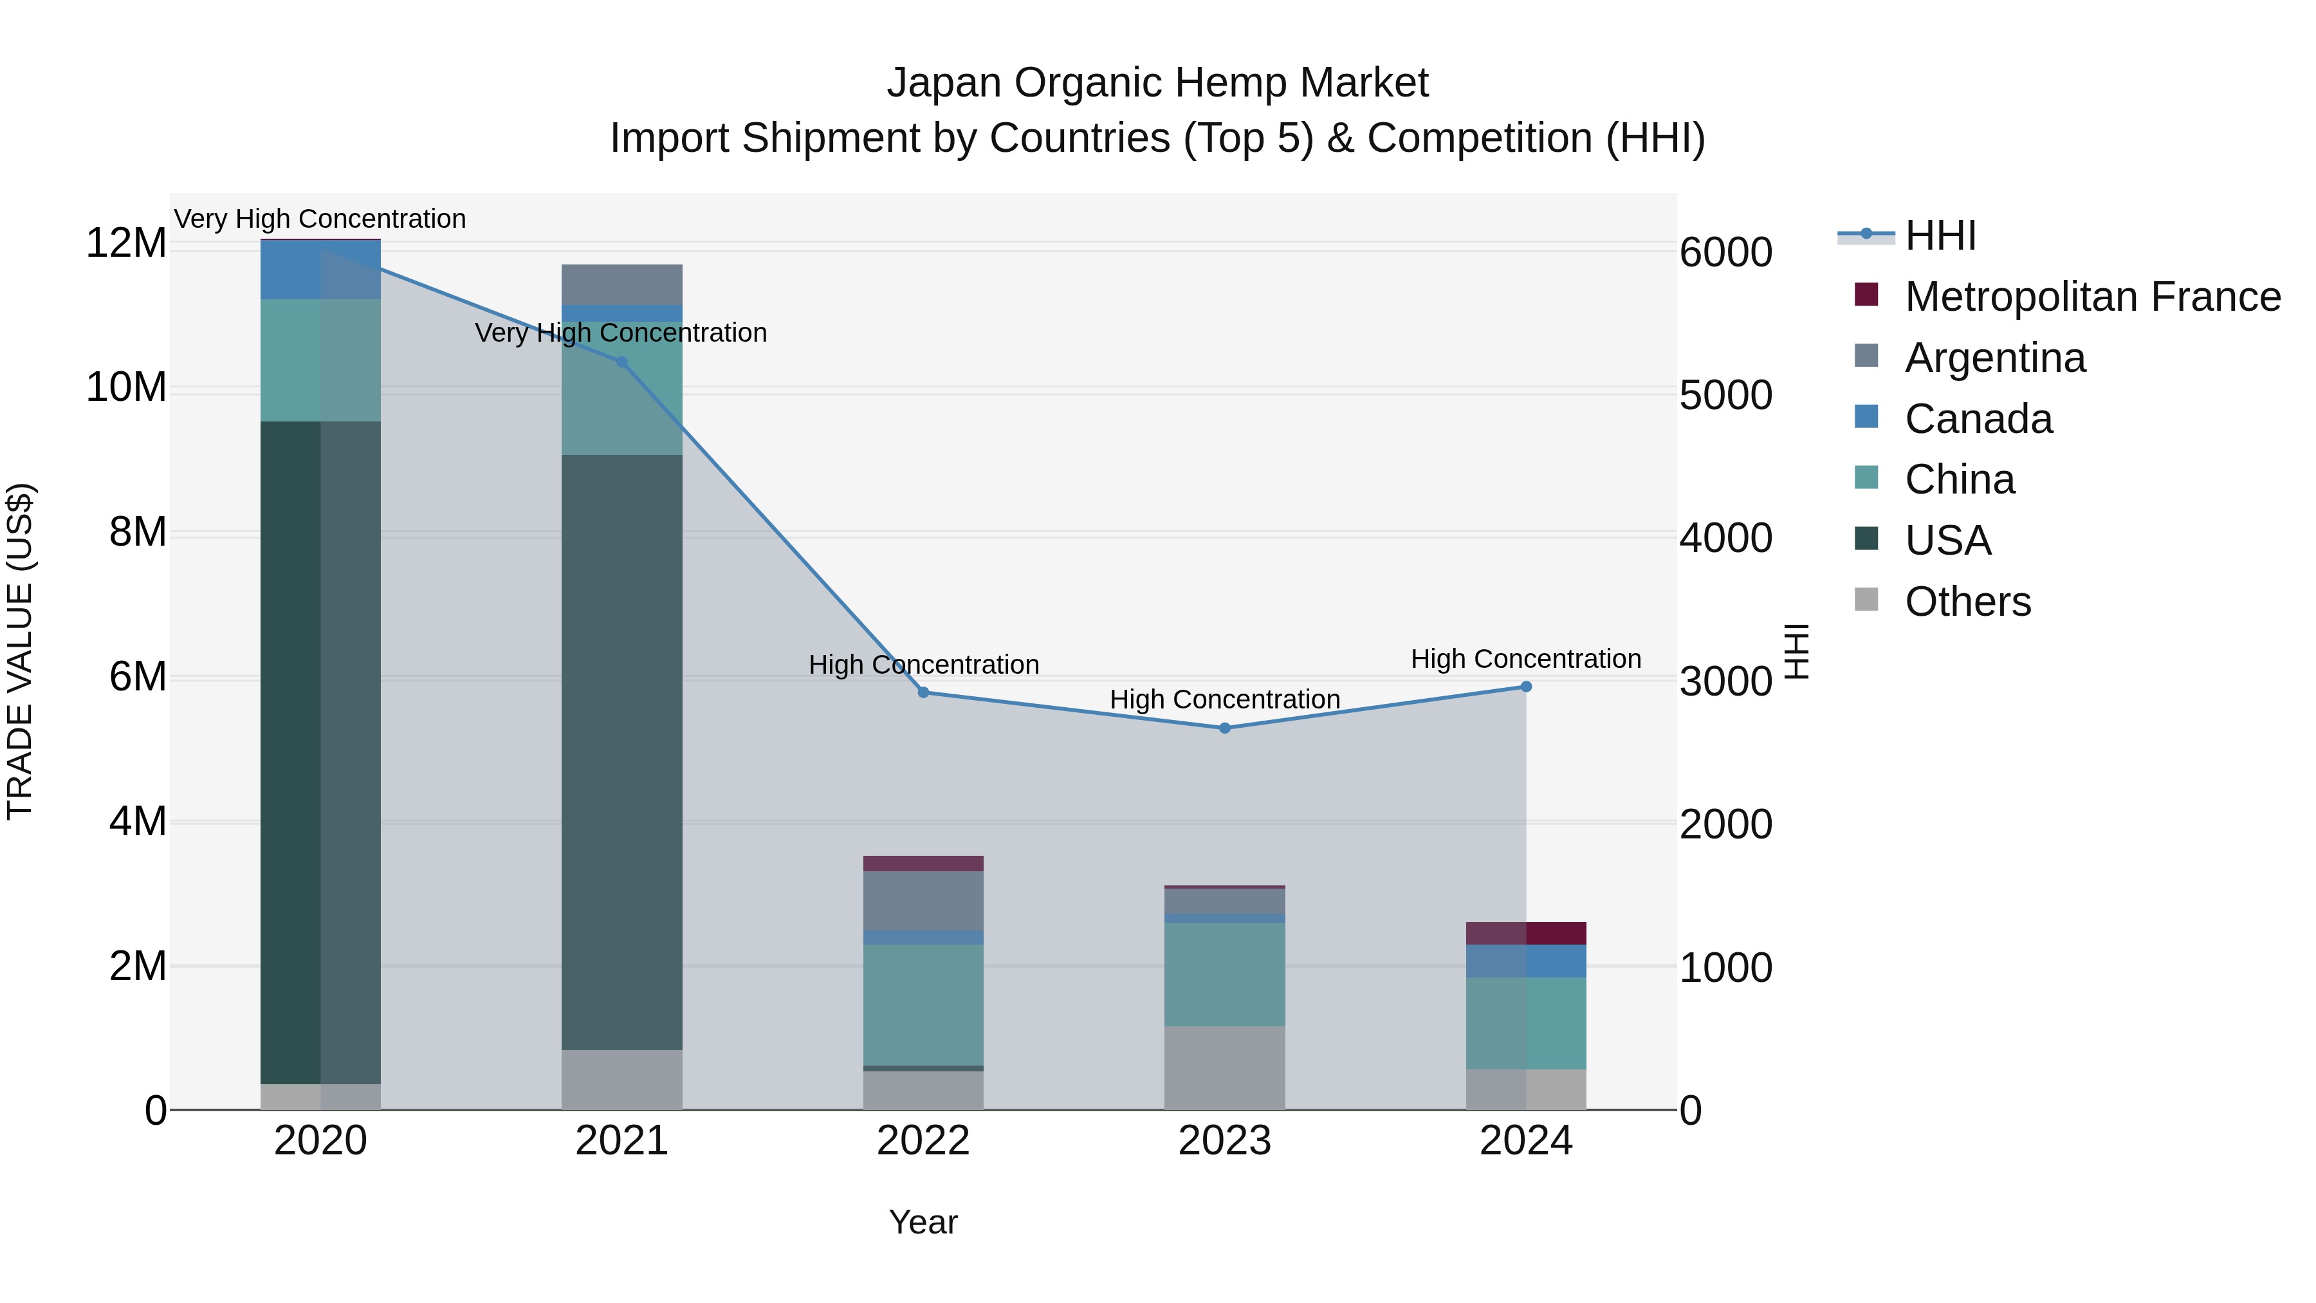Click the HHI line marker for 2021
click(x=621, y=362)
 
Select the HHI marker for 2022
click(x=923, y=692)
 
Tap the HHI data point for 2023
click(x=1224, y=728)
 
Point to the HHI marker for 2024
click(x=1526, y=687)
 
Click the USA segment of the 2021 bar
click(x=621, y=751)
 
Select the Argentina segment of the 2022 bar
click(x=923, y=900)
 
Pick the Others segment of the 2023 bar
click(x=1224, y=1067)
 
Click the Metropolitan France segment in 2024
click(x=1526, y=934)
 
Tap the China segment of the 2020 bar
click(x=320, y=360)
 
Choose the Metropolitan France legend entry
click(x=2092, y=297)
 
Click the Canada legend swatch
click(x=1866, y=417)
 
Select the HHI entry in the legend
click(x=1940, y=236)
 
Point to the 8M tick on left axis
click(x=138, y=532)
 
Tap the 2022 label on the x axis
click(x=923, y=1141)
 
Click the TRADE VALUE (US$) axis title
click(x=20, y=651)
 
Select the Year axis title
click(x=923, y=1222)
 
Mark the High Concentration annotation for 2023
click(x=1224, y=699)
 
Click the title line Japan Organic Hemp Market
click(x=1157, y=83)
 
